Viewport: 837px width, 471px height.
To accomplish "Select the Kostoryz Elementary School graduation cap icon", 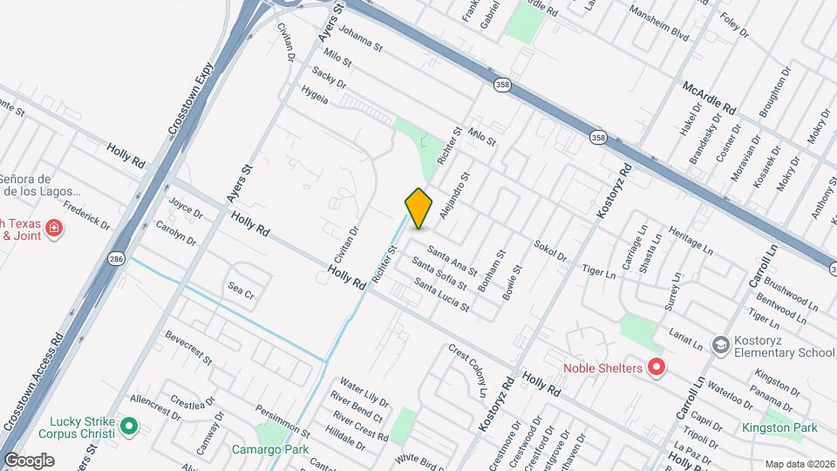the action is [720, 345].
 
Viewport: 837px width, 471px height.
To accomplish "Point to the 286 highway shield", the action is [116, 259].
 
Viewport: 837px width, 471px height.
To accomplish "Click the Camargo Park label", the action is [270, 450].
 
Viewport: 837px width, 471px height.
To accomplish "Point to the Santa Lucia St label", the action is [441, 296].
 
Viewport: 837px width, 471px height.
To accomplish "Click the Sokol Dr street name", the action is [550, 250].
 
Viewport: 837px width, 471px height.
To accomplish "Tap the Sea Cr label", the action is [240, 290].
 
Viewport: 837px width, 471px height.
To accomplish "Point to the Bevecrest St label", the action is [187, 347].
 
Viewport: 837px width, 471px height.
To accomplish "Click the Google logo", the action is [28, 460].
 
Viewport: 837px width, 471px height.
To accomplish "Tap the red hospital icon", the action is [54, 229].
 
